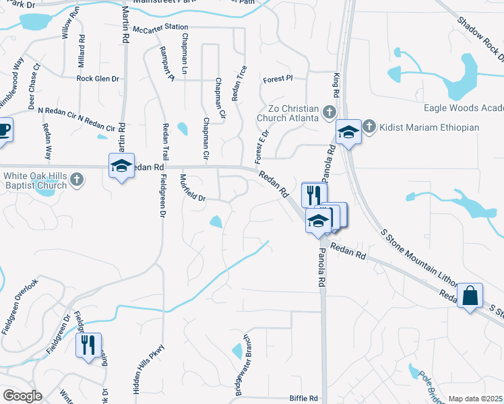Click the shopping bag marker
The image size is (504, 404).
tap(470, 295)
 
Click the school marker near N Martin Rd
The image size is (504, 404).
tap(121, 166)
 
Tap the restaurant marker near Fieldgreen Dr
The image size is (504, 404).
tap(88, 345)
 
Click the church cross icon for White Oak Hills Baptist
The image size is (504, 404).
tap(77, 179)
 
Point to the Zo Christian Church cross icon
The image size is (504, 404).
tap(329, 112)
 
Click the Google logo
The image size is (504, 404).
tap(22, 396)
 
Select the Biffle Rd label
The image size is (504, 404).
tap(303, 398)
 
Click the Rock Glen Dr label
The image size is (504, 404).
tap(98, 79)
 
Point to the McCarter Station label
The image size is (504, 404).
tap(160, 28)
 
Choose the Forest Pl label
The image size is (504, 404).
tap(278, 78)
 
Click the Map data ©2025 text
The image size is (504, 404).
tap(475, 399)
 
